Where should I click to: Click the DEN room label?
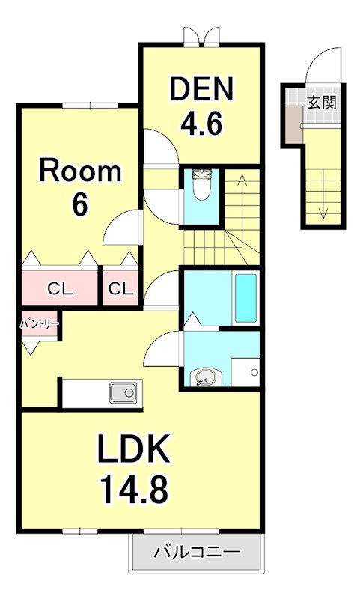click(x=201, y=89)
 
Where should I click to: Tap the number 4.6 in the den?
click(x=201, y=123)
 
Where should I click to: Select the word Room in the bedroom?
click(x=80, y=171)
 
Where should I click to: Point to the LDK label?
click(x=133, y=449)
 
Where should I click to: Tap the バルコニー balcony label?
click(x=197, y=552)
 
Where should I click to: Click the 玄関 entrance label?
click(x=322, y=103)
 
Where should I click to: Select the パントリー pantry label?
click(x=40, y=325)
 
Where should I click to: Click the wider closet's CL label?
click(x=60, y=289)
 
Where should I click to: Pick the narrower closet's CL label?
click(x=120, y=289)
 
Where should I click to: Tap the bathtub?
click(x=245, y=298)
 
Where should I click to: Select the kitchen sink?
click(x=123, y=392)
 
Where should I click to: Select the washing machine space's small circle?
click(x=254, y=372)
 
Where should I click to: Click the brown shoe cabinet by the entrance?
click(x=294, y=124)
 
